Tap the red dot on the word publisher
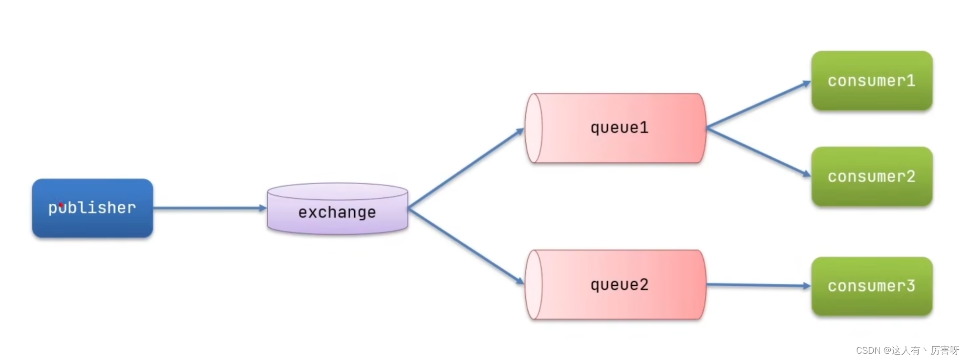coord(61,205)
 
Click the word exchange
coord(337,212)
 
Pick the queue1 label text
coord(619,127)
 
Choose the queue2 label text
coord(619,284)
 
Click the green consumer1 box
coord(872,81)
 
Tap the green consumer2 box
coord(872,176)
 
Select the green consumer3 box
coord(872,286)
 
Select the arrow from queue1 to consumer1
coord(757,106)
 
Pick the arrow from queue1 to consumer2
coord(757,152)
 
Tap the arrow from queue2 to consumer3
coord(757,285)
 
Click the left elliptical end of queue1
coord(534,128)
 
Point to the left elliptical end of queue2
coord(534,285)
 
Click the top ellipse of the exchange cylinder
coord(337,191)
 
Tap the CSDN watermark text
coord(907,350)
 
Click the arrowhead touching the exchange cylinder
coord(263,208)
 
